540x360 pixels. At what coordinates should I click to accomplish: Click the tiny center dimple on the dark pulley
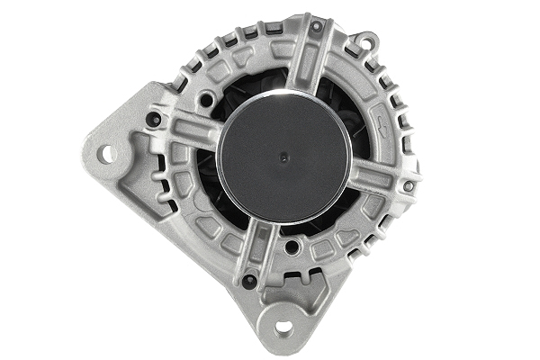click(285, 157)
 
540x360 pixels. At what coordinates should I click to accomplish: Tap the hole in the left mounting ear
click(107, 154)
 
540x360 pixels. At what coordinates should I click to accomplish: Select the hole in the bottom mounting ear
click(283, 328)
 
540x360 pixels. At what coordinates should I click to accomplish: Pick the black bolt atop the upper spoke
click(315, 27)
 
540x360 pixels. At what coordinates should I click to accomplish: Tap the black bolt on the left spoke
click(153, 119)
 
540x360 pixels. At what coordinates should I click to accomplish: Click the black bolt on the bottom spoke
click(250, 280)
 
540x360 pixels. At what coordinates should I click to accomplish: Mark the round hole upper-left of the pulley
click(206, 99)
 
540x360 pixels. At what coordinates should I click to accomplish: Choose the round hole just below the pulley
click(292, 246)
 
